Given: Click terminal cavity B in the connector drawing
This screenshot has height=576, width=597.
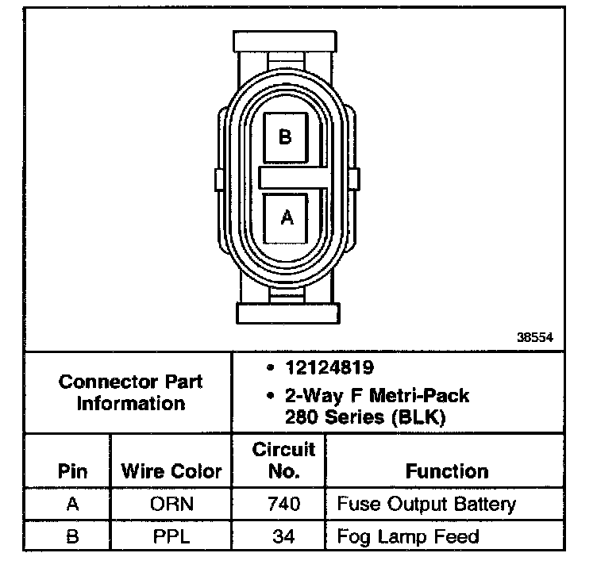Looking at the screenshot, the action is (286, 137).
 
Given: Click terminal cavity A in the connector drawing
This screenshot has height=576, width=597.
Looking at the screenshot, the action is (286, 218).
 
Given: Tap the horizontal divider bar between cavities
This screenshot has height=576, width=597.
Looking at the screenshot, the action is (294, 178).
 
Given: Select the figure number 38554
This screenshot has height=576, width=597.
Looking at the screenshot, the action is (534, 337).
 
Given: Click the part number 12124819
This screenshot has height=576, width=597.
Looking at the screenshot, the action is (329, 367).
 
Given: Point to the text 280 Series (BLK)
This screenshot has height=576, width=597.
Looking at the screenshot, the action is (365, 417).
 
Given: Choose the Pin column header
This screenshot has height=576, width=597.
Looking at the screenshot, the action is (72, 471).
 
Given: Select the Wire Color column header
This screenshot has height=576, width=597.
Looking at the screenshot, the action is (171, 471).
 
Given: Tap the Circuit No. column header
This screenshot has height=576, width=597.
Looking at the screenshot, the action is (283, 460).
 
